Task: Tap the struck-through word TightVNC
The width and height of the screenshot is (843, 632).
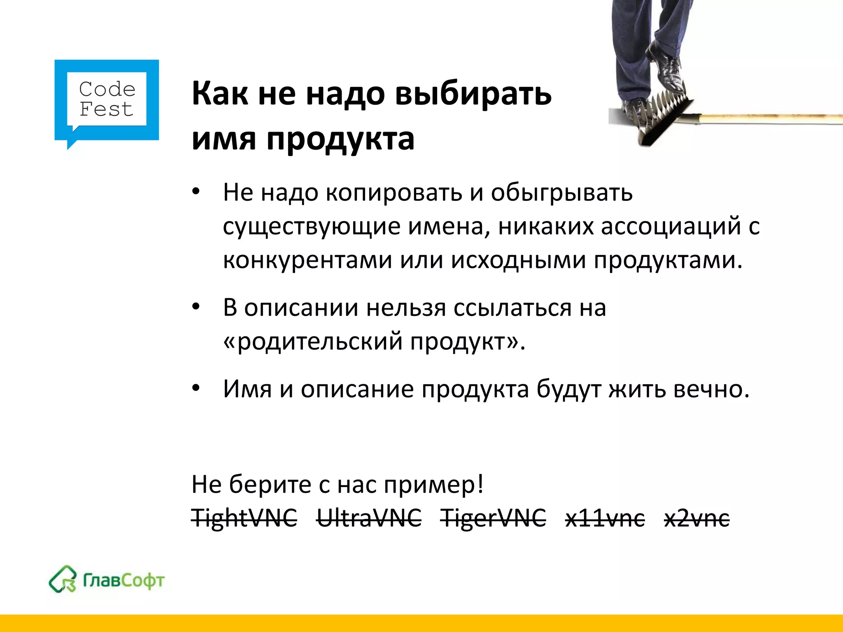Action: pos(244,517)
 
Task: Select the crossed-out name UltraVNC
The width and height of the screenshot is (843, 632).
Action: pos(369,517)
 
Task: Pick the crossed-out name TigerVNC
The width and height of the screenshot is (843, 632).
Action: pos(493,517)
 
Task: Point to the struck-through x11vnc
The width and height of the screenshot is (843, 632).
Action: pos(605,518)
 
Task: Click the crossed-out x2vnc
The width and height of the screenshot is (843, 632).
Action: pos(697,518)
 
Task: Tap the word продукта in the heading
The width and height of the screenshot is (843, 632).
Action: pos(340,139)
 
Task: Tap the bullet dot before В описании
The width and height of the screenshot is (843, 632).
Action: pos(196,307)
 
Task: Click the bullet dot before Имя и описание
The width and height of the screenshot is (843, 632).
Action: pos(196,388)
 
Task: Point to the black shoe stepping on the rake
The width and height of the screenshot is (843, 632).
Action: pos(669,68)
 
